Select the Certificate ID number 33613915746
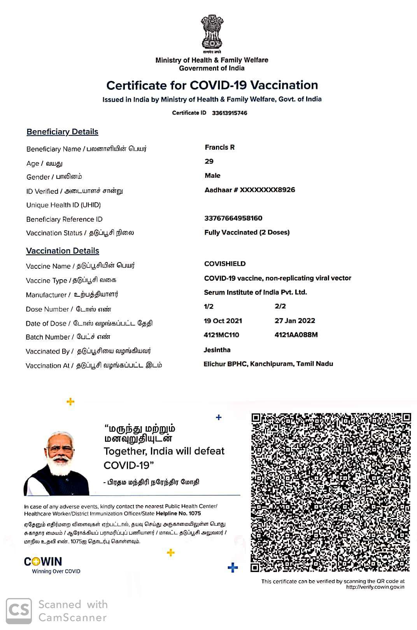[230, 113]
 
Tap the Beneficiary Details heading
[62, 132]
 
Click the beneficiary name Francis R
[219, 147]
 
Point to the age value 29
[209, 161]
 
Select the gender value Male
[212, 176]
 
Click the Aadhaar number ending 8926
[250, 190]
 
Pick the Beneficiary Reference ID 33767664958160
[233, 218]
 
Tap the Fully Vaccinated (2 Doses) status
[247, 233]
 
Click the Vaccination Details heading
[63, 251]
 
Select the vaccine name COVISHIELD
[225, 264]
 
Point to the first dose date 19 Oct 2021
[223, 321]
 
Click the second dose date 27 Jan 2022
[294, 321]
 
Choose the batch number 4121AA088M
[296, 335]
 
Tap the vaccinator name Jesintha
[217, 350]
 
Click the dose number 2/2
[280, 306]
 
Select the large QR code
[331, 492]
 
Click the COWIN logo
[43, 562]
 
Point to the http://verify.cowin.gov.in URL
[375, 587]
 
